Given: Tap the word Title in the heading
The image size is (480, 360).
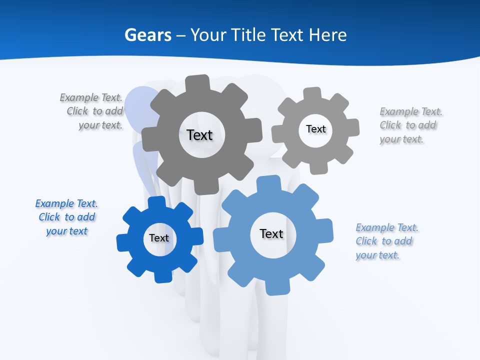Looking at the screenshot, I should [252, 35].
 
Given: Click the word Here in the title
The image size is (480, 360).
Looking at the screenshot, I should [327, 35].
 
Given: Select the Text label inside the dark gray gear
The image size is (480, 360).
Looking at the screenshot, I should [199, 135].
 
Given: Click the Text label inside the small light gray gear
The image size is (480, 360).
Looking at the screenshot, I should [315, 129].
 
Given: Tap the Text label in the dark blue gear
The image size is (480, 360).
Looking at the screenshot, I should [159, 238].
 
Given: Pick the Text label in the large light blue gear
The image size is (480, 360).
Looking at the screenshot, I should [271, 233].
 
